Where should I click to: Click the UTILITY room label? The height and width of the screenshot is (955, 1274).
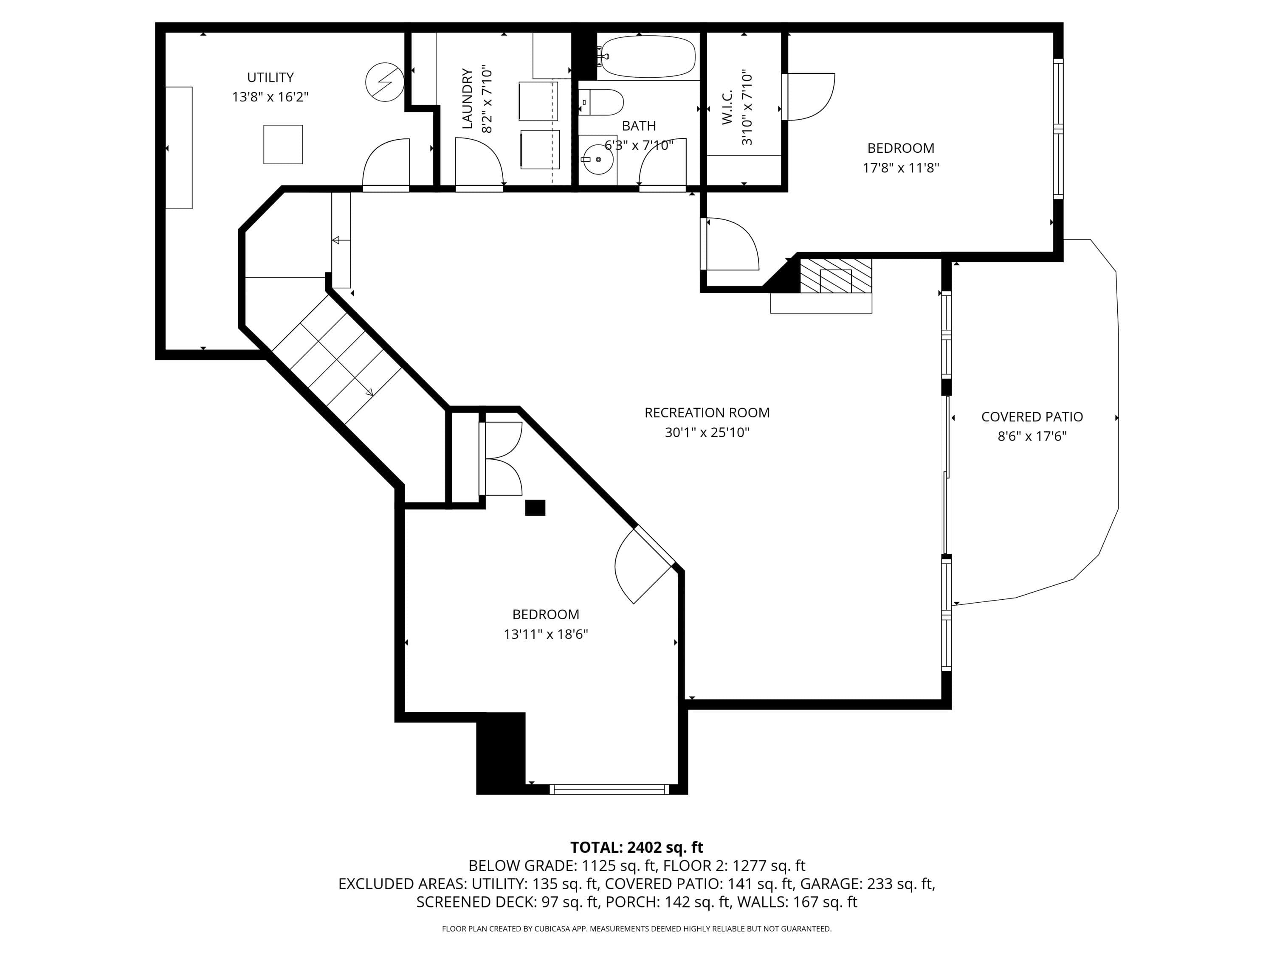coord(270,77)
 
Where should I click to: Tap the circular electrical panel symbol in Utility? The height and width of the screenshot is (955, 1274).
coord(385,82)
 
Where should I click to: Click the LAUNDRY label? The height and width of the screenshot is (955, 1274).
coord(467,98)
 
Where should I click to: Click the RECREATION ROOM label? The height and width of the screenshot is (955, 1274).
coord(707,413)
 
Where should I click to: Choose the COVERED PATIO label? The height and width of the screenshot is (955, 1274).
coord(1032,417)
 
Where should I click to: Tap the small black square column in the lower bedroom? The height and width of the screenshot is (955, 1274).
coord(535,508)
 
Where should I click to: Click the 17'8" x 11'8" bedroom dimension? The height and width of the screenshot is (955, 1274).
coord(901,168)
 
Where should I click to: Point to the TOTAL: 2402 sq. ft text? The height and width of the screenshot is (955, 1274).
coord(637,847)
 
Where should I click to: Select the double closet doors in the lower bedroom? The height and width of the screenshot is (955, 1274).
coord(501,458)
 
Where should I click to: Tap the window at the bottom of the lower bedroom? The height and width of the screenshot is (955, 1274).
coord(609,789)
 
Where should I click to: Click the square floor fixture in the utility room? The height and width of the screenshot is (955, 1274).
coord(283,144)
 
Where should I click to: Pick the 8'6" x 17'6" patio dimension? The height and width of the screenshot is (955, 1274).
coord(1032,436)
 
